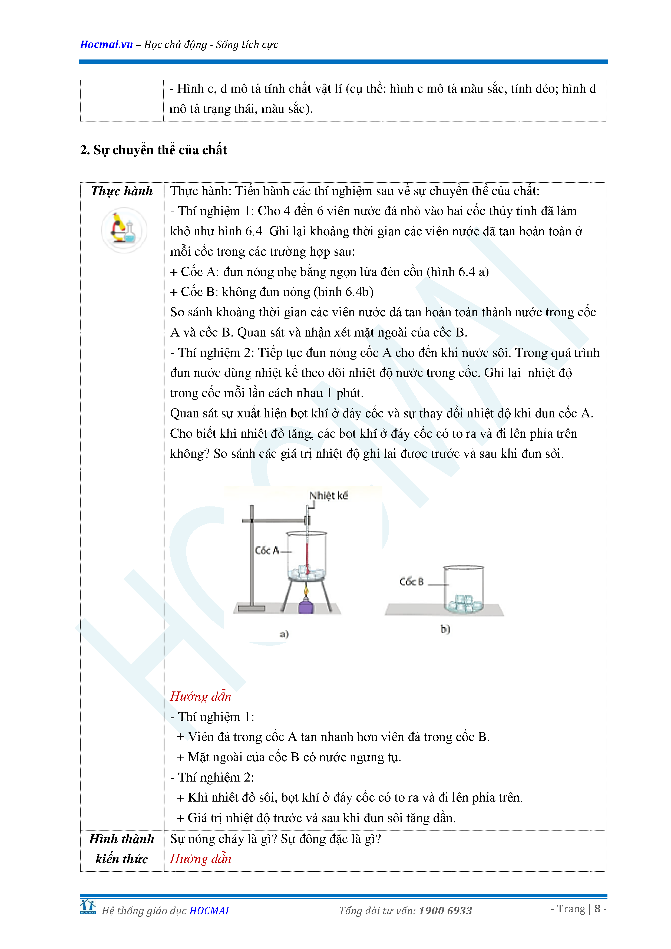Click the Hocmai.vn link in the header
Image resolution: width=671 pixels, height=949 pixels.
(106, 45)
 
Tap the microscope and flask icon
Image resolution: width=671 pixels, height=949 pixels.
(124, 230)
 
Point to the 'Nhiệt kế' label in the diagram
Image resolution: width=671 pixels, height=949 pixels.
(329, 496)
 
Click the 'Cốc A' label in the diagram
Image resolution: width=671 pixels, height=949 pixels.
(266, 550)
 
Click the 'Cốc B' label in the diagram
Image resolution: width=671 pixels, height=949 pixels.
(411, 582)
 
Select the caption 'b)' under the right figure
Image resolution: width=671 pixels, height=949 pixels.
(445, 629)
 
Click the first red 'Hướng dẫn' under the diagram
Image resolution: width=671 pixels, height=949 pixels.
(200, 696)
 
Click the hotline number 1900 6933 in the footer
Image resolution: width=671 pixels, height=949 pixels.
(445, 911)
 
